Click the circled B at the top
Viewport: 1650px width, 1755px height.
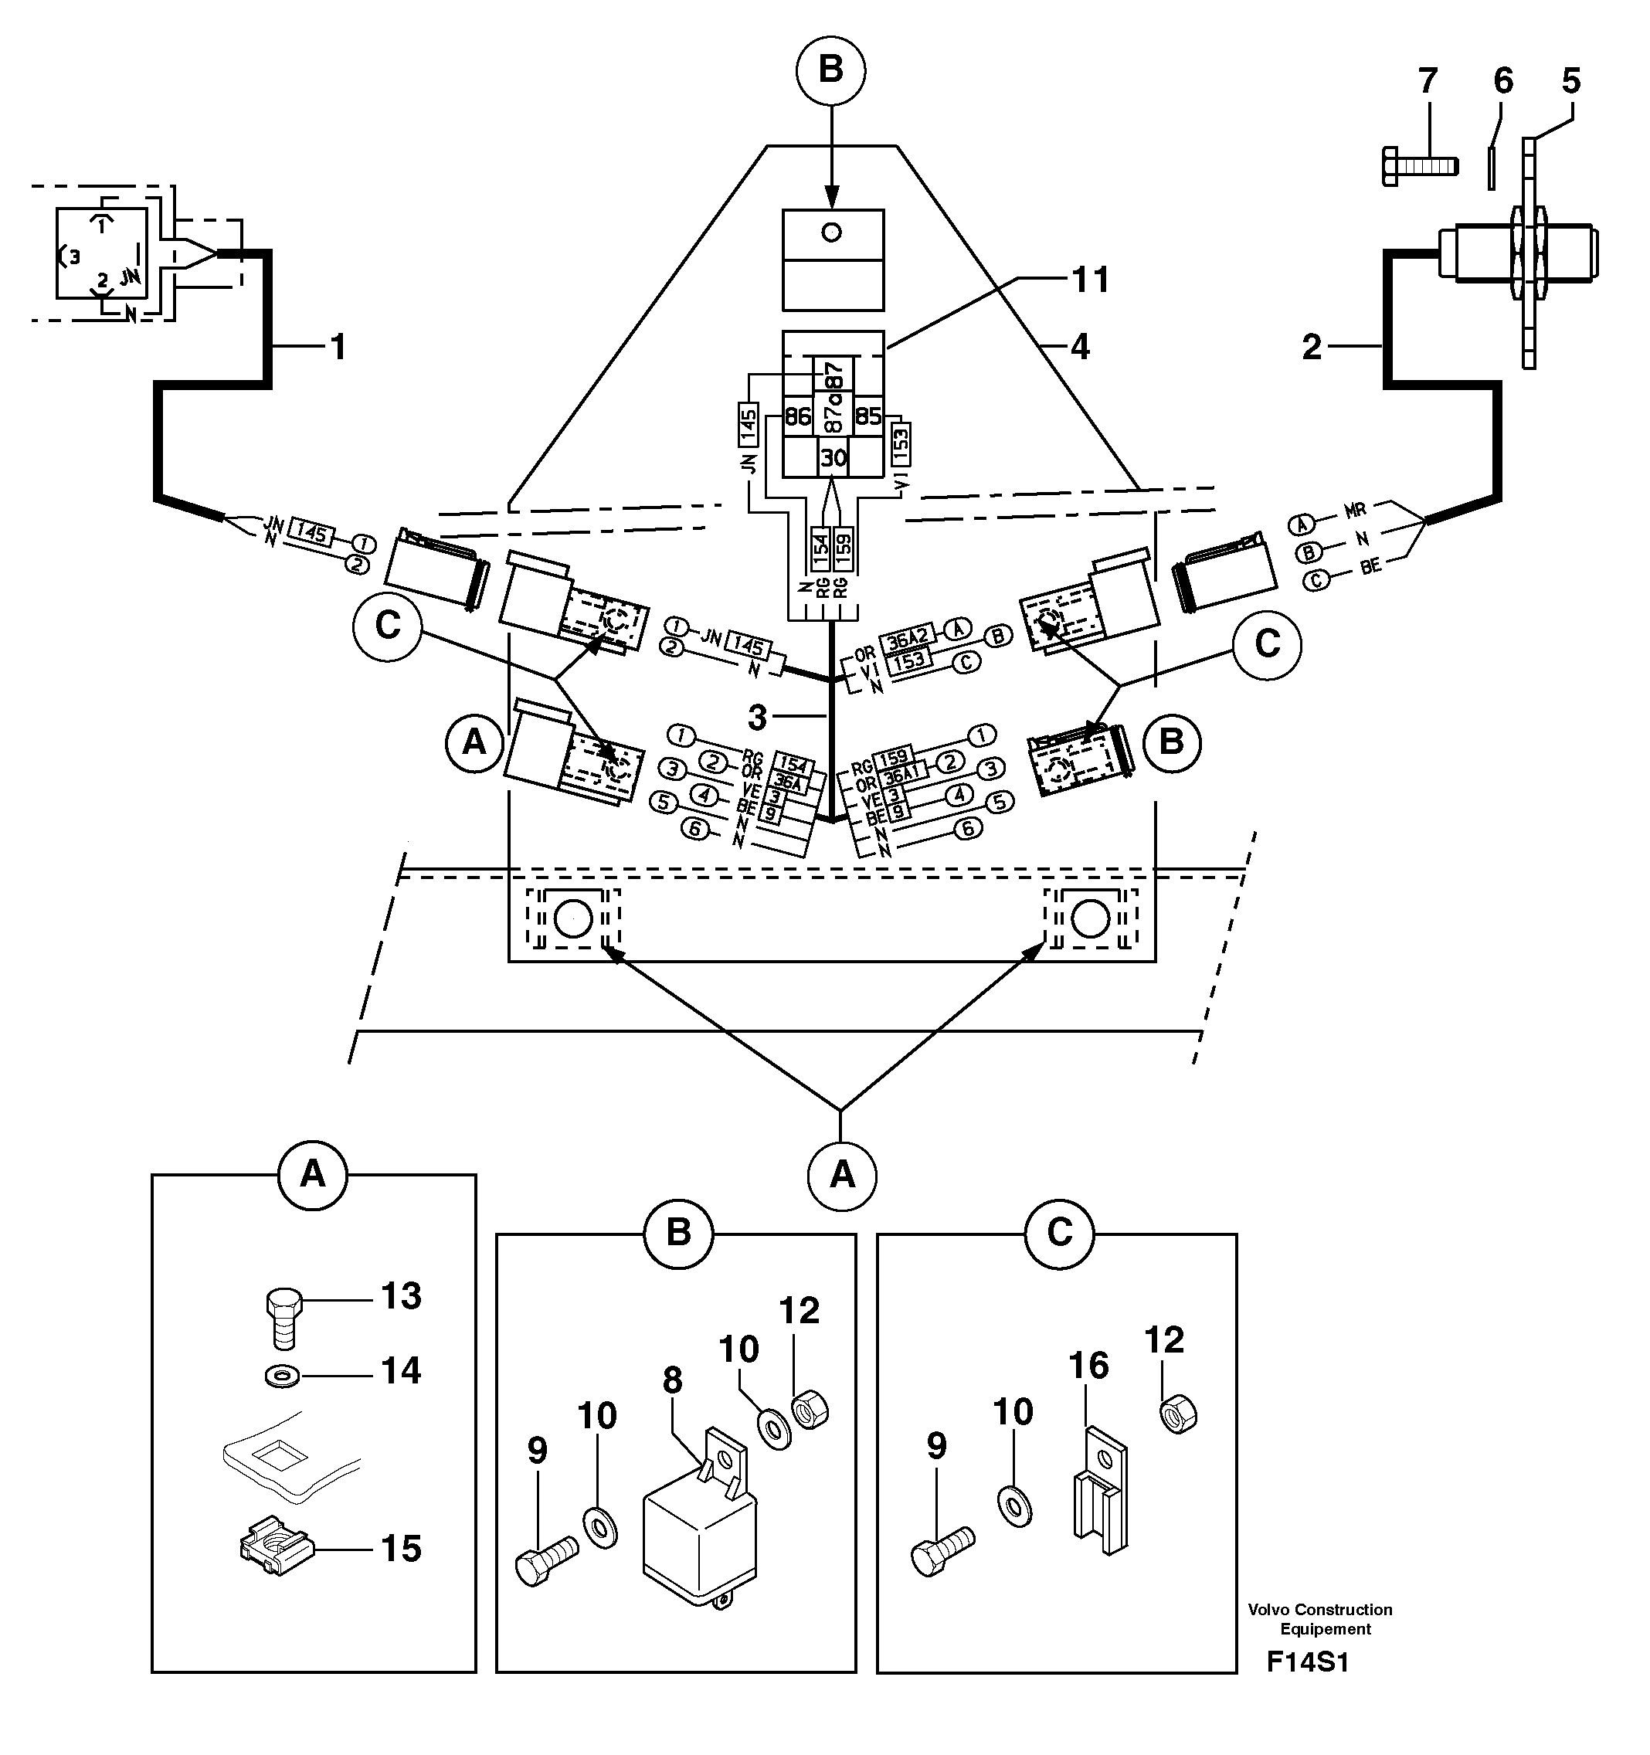830,69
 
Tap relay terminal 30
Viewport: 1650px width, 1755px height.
833,457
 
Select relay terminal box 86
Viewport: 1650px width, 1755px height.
797,416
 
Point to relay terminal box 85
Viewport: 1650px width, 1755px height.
869,416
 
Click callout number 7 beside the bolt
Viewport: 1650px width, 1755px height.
1427,82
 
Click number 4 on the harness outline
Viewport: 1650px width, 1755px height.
1079,347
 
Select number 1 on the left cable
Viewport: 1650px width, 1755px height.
338,347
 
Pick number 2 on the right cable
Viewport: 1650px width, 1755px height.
1312,348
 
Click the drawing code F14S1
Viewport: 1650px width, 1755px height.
1308,1663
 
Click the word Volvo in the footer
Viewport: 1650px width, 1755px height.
1268,1609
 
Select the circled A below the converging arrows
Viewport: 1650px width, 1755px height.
842,1175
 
